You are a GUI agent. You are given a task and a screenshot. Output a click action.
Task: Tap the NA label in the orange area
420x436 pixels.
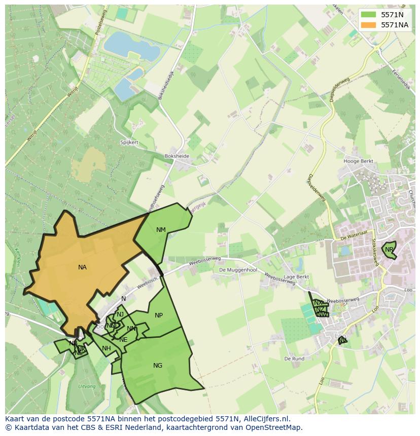click(82, 267)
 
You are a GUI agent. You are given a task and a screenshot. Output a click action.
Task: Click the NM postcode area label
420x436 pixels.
click(161, 230)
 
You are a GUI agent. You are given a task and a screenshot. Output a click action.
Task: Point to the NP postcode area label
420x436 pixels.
click(159, 315)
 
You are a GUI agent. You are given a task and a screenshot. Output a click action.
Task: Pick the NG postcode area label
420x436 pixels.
click(158, 366)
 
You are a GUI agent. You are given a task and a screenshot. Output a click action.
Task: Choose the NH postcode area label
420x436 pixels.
click(106, 348)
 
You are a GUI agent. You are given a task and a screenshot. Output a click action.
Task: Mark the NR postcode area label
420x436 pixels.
click(389, 250)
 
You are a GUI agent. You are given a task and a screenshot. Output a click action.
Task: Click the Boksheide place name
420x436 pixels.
click(177, 156)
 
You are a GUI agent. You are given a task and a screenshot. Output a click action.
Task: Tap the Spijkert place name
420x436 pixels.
click(129, 143)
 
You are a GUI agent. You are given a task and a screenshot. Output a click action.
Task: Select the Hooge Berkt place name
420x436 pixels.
click(358, 162)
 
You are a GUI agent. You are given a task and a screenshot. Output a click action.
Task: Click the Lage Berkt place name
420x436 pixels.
click(296, 277)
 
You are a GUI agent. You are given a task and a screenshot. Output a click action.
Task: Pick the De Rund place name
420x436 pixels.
click(294, 359)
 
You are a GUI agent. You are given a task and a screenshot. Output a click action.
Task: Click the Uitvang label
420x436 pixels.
click(87, 386)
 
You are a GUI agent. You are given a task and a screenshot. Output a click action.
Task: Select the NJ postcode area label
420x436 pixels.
click(120, 314)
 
